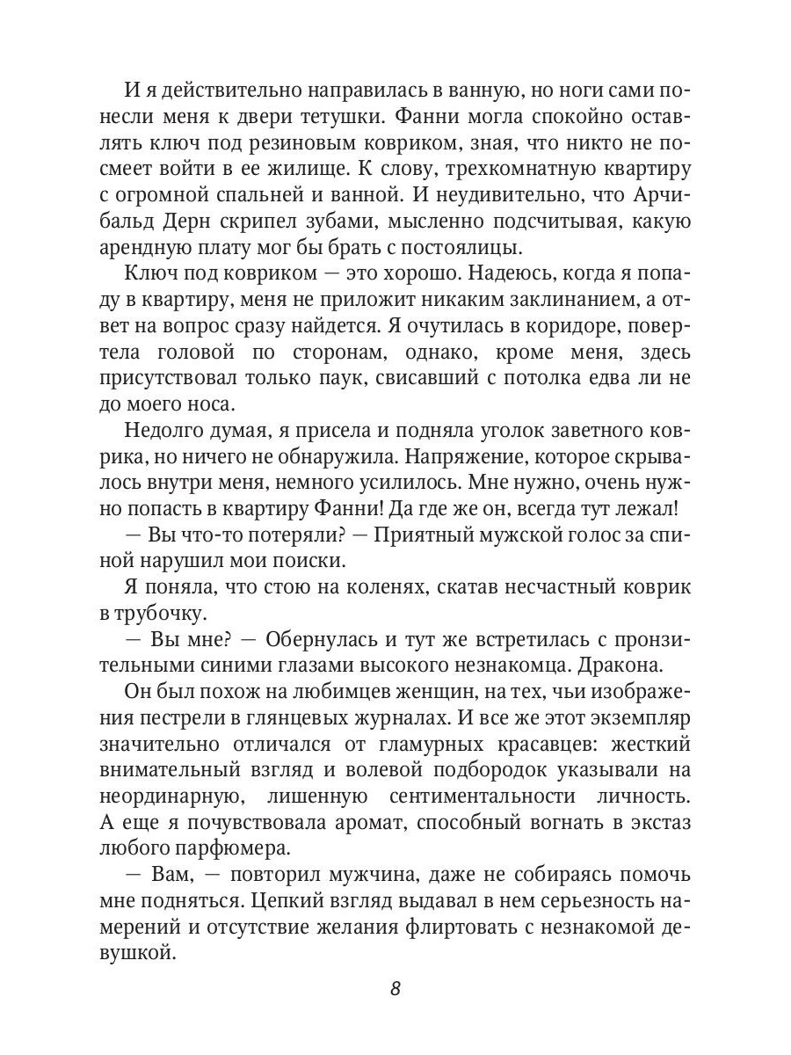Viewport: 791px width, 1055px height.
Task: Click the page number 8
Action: pyautogui.click(x=395, y=987)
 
